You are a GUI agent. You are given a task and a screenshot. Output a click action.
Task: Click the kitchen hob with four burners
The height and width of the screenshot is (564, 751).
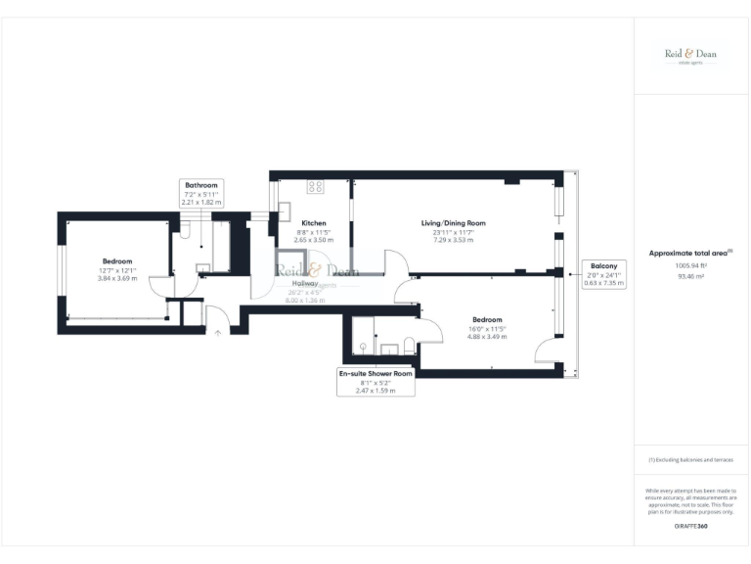pyautogui.click(x=316, y=186)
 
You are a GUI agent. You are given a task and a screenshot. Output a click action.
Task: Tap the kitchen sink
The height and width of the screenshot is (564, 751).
pyautogui.click(x=286, y=209)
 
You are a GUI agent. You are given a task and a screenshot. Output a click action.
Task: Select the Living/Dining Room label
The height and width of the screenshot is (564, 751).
pyautogui.click(x=453, y=223)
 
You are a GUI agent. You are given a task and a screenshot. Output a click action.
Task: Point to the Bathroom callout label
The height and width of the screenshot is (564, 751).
pyautogui.click(x=201, y=185)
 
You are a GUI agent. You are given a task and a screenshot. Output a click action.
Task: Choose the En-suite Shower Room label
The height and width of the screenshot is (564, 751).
pyautogui.click(x=375, y=374)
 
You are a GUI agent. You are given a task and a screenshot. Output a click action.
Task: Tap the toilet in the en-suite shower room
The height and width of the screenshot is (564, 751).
pyautogui.click(x=408, y=346)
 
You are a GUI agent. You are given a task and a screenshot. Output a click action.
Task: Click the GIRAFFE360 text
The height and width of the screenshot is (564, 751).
pyautogui.click(x=690, y=527)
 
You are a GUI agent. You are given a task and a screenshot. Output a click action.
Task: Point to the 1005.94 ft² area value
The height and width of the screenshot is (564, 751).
pyautogui.click(x=690, y=265)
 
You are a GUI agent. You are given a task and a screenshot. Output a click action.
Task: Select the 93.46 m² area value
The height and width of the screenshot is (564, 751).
pyautogui.click(x=690, y=276)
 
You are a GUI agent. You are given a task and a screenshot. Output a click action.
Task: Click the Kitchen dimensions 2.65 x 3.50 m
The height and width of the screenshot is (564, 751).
pyautogui.click(x=313, y=240)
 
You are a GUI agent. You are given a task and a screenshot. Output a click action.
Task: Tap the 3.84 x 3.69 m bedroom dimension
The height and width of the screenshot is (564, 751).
pyautogui.click(x=117, y=279)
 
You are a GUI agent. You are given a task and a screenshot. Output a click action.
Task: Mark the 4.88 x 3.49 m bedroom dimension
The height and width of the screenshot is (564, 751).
pyautogui.click(x=487, y=338)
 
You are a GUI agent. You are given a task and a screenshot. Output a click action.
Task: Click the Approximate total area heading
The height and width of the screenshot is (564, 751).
pyautogui.click(x=690, y=254)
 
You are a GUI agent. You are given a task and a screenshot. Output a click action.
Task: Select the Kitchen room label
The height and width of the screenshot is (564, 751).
pyautogui.click(x=313, y=223)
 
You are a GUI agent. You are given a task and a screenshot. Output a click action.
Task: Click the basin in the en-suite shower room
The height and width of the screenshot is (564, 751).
pyautogui.click(x=363, y=346)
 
